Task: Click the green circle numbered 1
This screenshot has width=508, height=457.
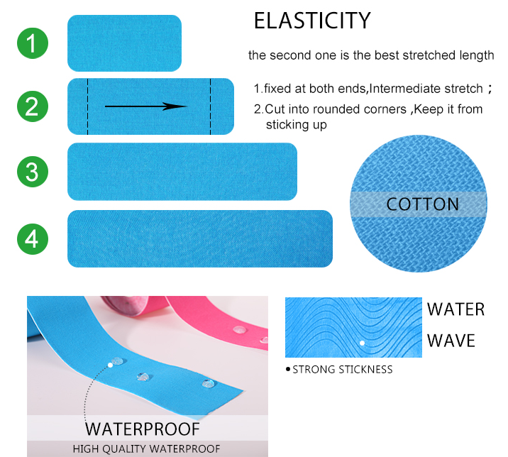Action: pos(33,43)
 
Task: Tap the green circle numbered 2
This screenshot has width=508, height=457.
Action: pos(33,106)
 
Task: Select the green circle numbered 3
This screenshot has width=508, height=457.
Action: pos(33,172)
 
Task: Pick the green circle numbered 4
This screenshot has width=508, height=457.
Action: pos(33,239)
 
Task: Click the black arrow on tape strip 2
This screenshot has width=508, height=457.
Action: pos(145,106)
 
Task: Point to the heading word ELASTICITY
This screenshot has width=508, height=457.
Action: pos(312,21)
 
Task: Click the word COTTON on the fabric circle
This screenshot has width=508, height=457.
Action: pos(422,204)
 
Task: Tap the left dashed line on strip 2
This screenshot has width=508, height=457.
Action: pos(87,106)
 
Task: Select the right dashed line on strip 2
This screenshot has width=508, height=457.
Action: pos(211,106)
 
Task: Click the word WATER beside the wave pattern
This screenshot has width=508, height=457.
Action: pos(455,309)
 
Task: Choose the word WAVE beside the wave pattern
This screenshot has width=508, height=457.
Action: pos(451,341)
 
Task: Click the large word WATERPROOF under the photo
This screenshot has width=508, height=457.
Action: pos(143,429)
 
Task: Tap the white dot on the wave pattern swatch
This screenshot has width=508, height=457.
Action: pos(363,343)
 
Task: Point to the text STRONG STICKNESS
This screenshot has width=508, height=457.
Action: pos(343,370)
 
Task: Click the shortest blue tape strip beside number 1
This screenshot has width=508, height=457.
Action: pos(124,43)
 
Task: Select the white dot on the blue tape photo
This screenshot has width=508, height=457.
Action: pos(110,365)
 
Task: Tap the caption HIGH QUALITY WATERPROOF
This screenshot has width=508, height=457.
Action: pos(146,449)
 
